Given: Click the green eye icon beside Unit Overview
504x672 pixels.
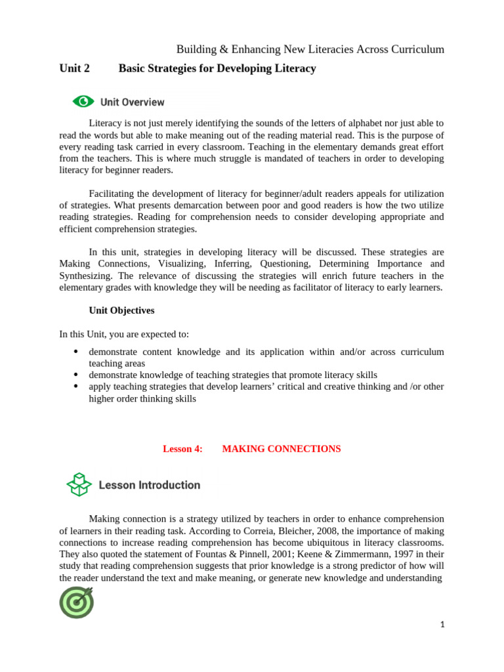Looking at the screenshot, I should pyautogui.click(x=83, y=102).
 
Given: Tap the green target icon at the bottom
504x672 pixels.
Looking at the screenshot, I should pyautogui.click(x=77, y=602).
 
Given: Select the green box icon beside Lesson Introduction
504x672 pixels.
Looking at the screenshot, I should pyautogui.click(x=79, y=485).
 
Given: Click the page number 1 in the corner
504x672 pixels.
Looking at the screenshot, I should pyautogui.click(x=442, y=625).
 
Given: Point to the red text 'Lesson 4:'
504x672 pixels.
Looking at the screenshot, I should pyautogui.click(x=182, y=449).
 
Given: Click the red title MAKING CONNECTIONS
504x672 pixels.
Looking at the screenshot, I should pyautogui.click(x=282, y=449).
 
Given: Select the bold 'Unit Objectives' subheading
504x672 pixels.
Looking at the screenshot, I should pyautogui.click(x=121, y=310).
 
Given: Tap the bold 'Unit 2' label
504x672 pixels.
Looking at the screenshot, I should pyautogui.click(x=75, y=68).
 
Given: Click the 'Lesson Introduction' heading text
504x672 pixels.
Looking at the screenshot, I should pyautogui.click(x=149, y=485).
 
